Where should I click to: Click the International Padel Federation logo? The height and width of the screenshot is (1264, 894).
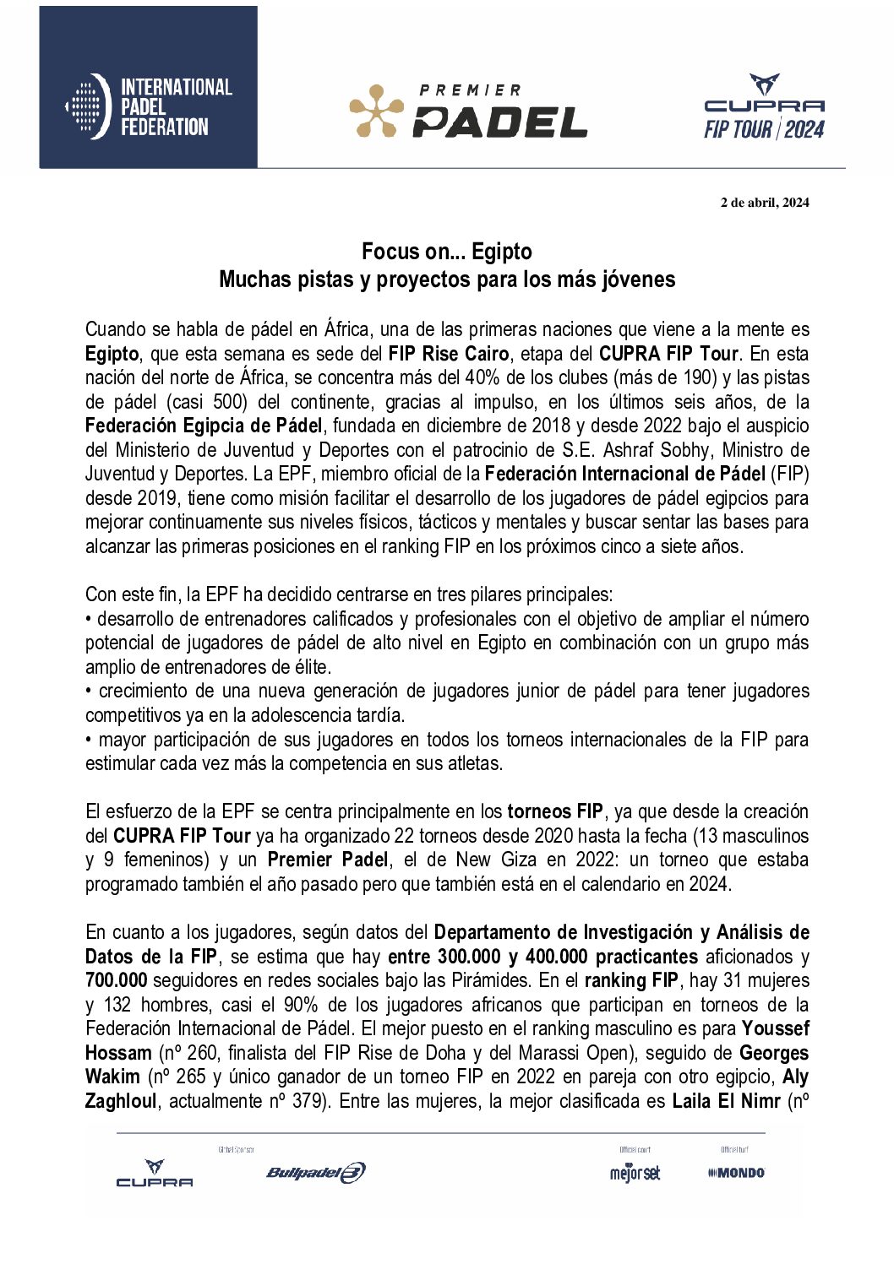click(x=149, y=106)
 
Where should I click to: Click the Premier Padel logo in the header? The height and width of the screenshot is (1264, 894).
click(x=468, y=111)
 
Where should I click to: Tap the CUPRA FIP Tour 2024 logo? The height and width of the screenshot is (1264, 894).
click(x=764, y=107)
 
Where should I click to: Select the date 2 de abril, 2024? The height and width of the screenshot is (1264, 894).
click(x=764, y=203)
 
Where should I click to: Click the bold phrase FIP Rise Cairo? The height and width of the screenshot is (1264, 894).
click(x=449, y=354)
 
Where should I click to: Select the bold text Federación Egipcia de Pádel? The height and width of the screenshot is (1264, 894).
click(x=204, y=426)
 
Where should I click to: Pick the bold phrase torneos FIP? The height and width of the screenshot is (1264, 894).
click(x=555, y=812)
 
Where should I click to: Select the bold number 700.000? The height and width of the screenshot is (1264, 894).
click(x=116, y=981)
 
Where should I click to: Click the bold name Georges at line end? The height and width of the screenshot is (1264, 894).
click(x=774, y=1054)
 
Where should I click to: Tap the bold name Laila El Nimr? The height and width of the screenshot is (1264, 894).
click(x=726, y=1102)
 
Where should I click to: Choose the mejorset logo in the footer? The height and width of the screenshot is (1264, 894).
click(x=635, y=1173)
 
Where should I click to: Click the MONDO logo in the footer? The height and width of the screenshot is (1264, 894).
click(x=736, y=1173)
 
